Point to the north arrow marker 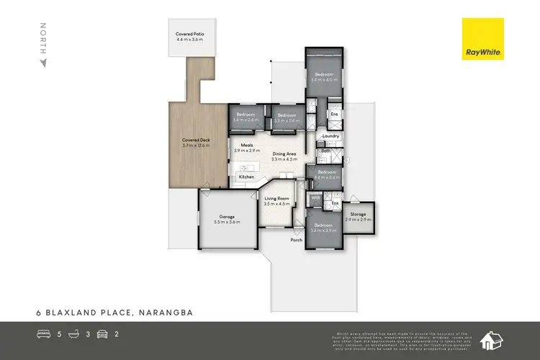coord(43,63)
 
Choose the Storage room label coord(358,215)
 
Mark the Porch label coord(296,240)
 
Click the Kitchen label coord(246,176)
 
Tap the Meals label coord(247,145)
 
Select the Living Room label coord(276,199)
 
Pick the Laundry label coord(330,136)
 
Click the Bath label coord(325,150)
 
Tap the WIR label coord(315,197)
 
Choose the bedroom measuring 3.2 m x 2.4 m coord(287,115)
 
